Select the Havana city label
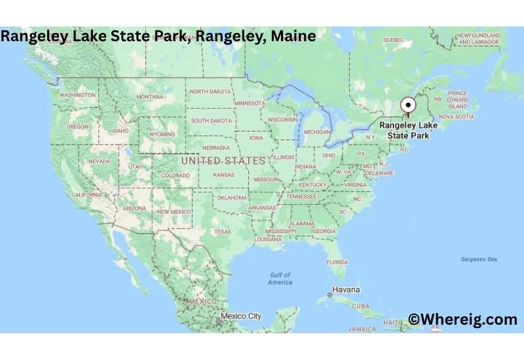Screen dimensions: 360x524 pos(346,289)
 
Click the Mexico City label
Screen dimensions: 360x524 pos(240,316)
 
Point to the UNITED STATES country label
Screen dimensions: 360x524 pos(223,160)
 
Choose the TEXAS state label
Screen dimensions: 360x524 pos(222,232)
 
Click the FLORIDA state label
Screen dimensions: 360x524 pos(337,262)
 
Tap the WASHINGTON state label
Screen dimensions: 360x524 pos(77,95)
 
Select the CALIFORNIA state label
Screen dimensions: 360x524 pos(86,195)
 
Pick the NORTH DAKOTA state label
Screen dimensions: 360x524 pos(210,92)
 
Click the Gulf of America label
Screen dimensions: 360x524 pos(280,278)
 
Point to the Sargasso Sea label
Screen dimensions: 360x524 pos(479,259)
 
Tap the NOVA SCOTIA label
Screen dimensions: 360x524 pos(456,117)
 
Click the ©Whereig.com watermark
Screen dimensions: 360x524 pos(462,319)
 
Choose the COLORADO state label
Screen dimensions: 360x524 pos(176,175)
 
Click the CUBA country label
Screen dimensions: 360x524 pos(361,306)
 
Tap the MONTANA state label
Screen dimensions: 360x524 pos(150,97)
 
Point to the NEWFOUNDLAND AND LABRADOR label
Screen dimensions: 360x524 pos(479,39)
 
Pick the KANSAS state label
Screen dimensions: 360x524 pos(223,175)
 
